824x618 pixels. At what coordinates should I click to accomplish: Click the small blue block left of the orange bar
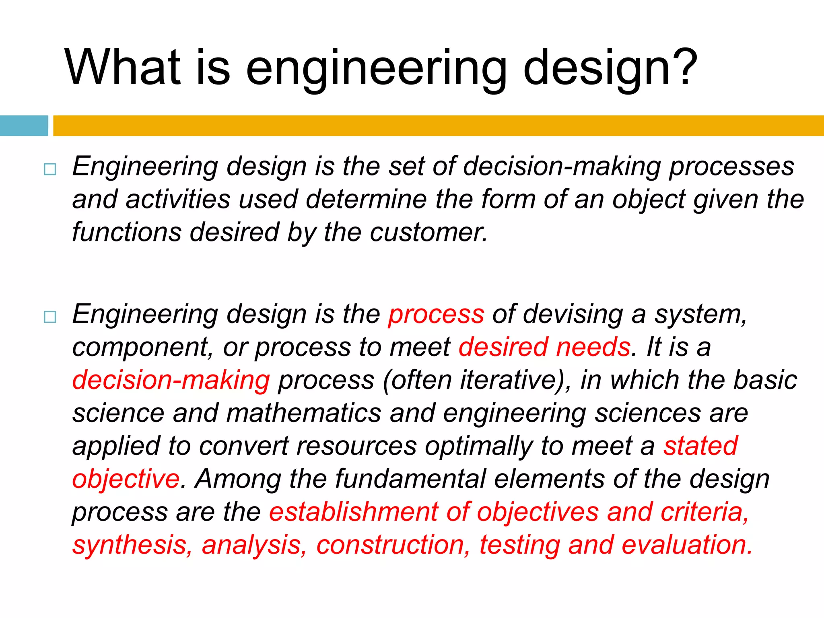pyautogui.click(x=24, y=126)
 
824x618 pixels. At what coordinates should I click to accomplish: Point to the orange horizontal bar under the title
pyautogui.click(x=439, y=126)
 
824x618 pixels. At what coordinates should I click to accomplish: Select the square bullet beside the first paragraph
pyautogui.click(x=50, y=169)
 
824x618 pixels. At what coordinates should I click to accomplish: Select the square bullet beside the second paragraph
pyautogui.click(x=50, y=317)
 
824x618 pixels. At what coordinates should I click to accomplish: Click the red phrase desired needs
pyautogui.click(x=544, y=347)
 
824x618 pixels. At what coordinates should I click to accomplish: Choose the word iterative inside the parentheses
pyautogui.click(x=508, y=380)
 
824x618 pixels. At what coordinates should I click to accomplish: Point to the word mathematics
pyautogui.click(x=303, y=413)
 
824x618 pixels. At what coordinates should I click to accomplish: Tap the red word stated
pyautogui.click(x=700, y=446)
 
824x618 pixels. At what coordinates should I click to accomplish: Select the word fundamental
pyautogui.click(x=411, y=479)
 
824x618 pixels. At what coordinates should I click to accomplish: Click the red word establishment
pyautogui.click(x=353, y=512)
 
